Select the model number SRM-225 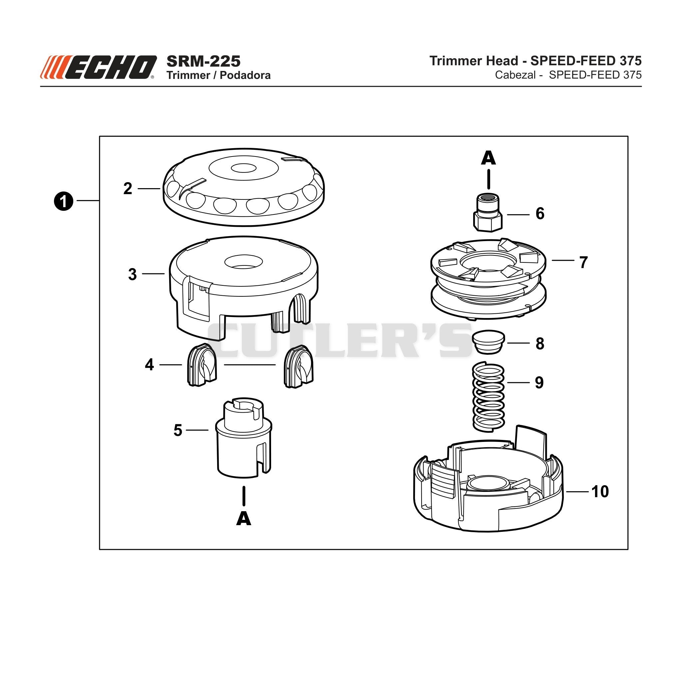pos(203,61)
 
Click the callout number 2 pos(128,189)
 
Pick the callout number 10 pos(600,492)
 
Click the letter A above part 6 pos(489,158)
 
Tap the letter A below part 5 pos(243,519)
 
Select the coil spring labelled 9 pos(488,397)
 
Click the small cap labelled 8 pos(489,342)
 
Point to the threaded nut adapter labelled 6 pos(487,212)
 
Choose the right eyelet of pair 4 pos(299,366)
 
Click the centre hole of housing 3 pos(243,261)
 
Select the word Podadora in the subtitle pos(245,75)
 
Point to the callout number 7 pos(583,263)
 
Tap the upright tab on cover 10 pos(531,441)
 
